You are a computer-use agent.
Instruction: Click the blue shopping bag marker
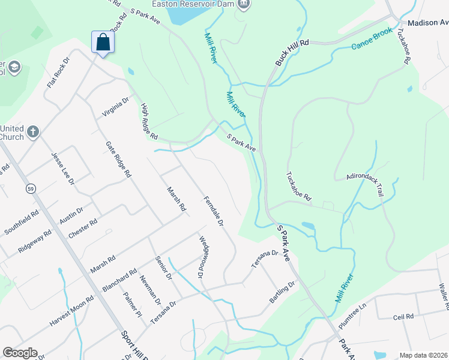(103, 43)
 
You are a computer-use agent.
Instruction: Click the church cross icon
(33, 131)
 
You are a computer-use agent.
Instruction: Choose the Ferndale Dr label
(213, 211)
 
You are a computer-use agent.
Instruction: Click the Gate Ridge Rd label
(118, 160)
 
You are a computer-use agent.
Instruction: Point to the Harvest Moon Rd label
(72, 310)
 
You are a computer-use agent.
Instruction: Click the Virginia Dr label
(116, 108)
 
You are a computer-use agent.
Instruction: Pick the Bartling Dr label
(283, 292)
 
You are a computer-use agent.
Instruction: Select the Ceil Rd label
(404, 316)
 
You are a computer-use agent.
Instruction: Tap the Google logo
(20, 353)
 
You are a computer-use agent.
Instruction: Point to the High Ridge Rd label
(149, 121)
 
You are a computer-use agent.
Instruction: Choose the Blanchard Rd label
(119, 281)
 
